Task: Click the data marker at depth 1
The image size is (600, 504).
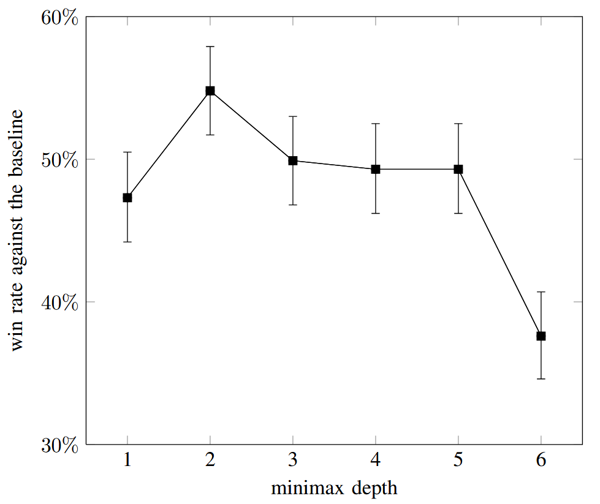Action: [127, 198]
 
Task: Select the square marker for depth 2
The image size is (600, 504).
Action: [210, 91]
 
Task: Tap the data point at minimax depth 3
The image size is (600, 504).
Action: [293, 160]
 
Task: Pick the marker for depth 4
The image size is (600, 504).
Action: [376, 169]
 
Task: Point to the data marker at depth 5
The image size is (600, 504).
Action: [458, 169]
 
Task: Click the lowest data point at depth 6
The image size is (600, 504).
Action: [541, 336]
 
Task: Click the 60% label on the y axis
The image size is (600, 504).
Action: [59, 18]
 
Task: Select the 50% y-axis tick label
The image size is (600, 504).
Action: [59, 160]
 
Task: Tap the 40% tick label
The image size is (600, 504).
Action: [59, 303]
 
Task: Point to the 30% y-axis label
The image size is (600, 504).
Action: [59, 445]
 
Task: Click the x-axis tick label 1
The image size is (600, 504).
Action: [127, 461]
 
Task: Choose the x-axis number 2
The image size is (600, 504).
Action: [210, 461]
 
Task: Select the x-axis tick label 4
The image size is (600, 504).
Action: [376, 461]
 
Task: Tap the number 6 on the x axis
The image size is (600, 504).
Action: [541, 461]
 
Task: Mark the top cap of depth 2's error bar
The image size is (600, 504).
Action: [210, 47]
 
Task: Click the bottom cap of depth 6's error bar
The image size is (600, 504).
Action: [541, 379]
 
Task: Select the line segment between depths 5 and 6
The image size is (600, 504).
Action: [499, 252]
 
